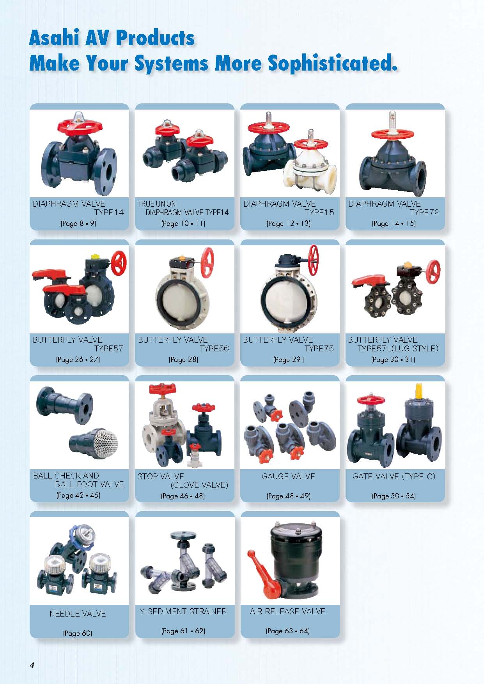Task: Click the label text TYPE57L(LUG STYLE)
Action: click(398, 349)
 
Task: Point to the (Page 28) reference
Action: click(183, 360)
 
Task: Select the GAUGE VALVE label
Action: click(288, 476)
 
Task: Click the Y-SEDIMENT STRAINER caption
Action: click(183, 611)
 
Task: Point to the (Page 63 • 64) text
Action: click(288, 631)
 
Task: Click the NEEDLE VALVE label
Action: click(78, 613)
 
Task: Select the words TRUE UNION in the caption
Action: click(157, 204)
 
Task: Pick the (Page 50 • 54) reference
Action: click(394, 496)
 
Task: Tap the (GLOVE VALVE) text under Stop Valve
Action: click(199, 485)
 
